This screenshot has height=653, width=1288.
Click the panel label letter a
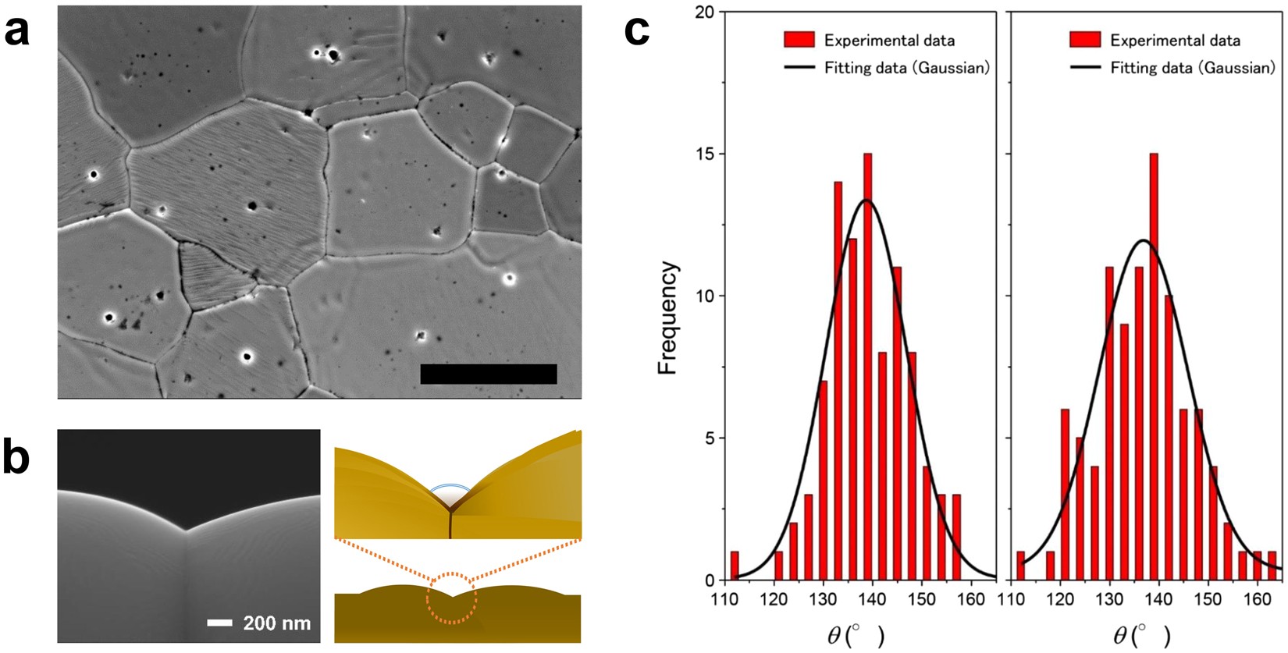tap(16, 33)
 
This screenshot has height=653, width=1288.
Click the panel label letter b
tap(16, 458)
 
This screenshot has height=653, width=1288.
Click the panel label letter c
tap(637, 31)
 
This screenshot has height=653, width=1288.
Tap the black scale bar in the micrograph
tap(488, 374)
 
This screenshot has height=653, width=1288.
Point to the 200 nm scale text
tap(276, 623)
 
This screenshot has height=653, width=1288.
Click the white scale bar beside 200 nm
tap(220, 623)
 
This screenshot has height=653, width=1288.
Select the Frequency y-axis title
tap(668, 318)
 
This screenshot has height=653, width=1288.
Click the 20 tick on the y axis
tap(705, 12)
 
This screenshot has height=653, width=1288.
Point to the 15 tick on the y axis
tap(705, 154)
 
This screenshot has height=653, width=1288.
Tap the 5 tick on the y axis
tap(709, 438)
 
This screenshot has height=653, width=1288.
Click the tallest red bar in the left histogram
tap(867, 367)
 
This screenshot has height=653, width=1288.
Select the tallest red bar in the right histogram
tap(1154, 367)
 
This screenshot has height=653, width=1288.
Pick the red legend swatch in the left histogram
tap(799, 40)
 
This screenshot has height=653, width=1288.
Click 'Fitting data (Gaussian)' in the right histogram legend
tap(1192, 68)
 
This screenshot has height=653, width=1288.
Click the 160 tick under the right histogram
tap(1257, 599)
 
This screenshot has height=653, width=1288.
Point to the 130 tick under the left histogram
tap(823, 599)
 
